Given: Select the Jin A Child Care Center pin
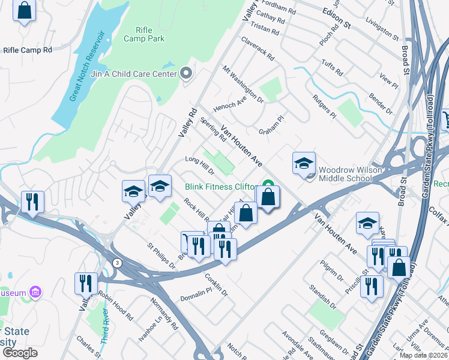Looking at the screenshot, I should pyautogui.click(x=186, y=74).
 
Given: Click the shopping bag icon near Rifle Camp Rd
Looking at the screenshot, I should pyautogui.click(x=24, y=11).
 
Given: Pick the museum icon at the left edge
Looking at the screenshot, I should pyautogui.click(x=36, y=293).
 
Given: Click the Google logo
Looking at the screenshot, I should pyautogui.click(x=19, y=353).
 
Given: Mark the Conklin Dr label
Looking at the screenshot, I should pyautogui.click(x=216, y=284).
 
